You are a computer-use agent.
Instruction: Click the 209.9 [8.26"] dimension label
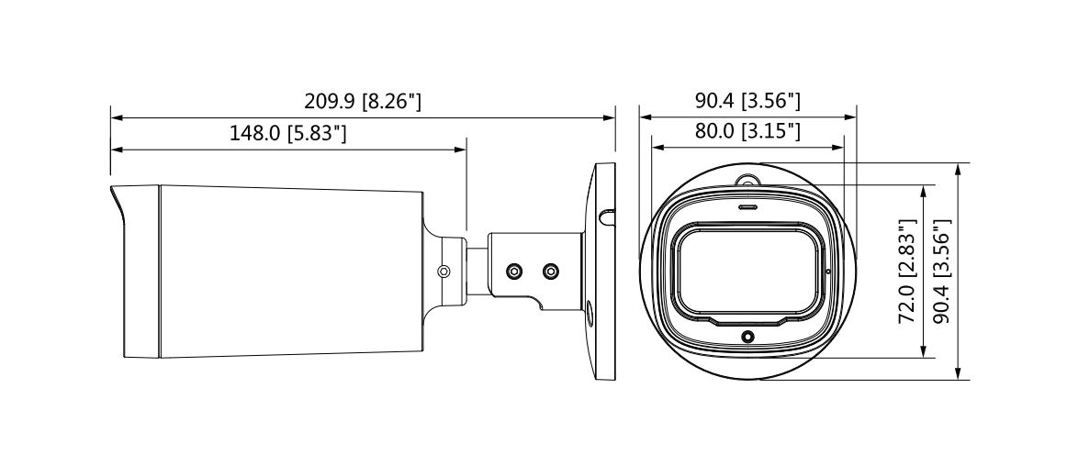(363, 101)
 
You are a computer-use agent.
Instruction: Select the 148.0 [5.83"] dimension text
(287, 133)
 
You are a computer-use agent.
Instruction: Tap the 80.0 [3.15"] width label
(747, 131)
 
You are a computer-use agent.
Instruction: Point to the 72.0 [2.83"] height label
(908, 271)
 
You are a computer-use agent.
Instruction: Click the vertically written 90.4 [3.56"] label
(942, 271)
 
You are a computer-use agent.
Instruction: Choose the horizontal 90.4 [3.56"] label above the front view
(747, 101)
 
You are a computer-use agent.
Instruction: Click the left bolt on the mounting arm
(514, 272)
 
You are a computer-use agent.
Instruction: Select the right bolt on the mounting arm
(551, 272)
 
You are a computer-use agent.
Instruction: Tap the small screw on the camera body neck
(444, 272)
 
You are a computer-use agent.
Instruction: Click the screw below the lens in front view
(747, 336)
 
